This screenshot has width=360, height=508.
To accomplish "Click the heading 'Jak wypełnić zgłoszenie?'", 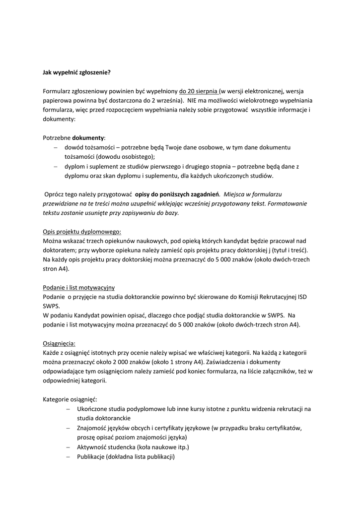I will (76, 72).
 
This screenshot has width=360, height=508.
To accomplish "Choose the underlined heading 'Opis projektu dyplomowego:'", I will (82, 231).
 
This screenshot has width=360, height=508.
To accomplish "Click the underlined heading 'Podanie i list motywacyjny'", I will (79, 287).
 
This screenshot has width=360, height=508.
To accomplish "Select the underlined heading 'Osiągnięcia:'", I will (60, 343).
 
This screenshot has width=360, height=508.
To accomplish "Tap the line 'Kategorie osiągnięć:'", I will (70, 399).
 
